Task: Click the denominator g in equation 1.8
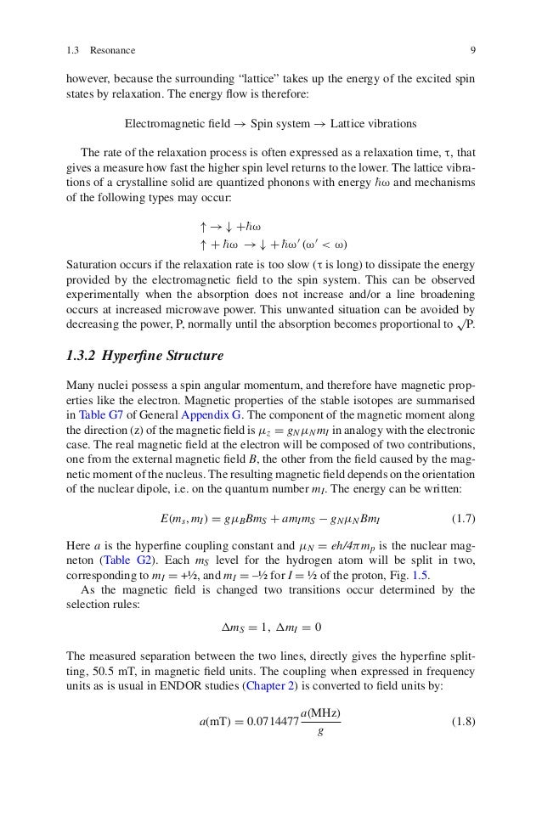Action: point(319,734)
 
